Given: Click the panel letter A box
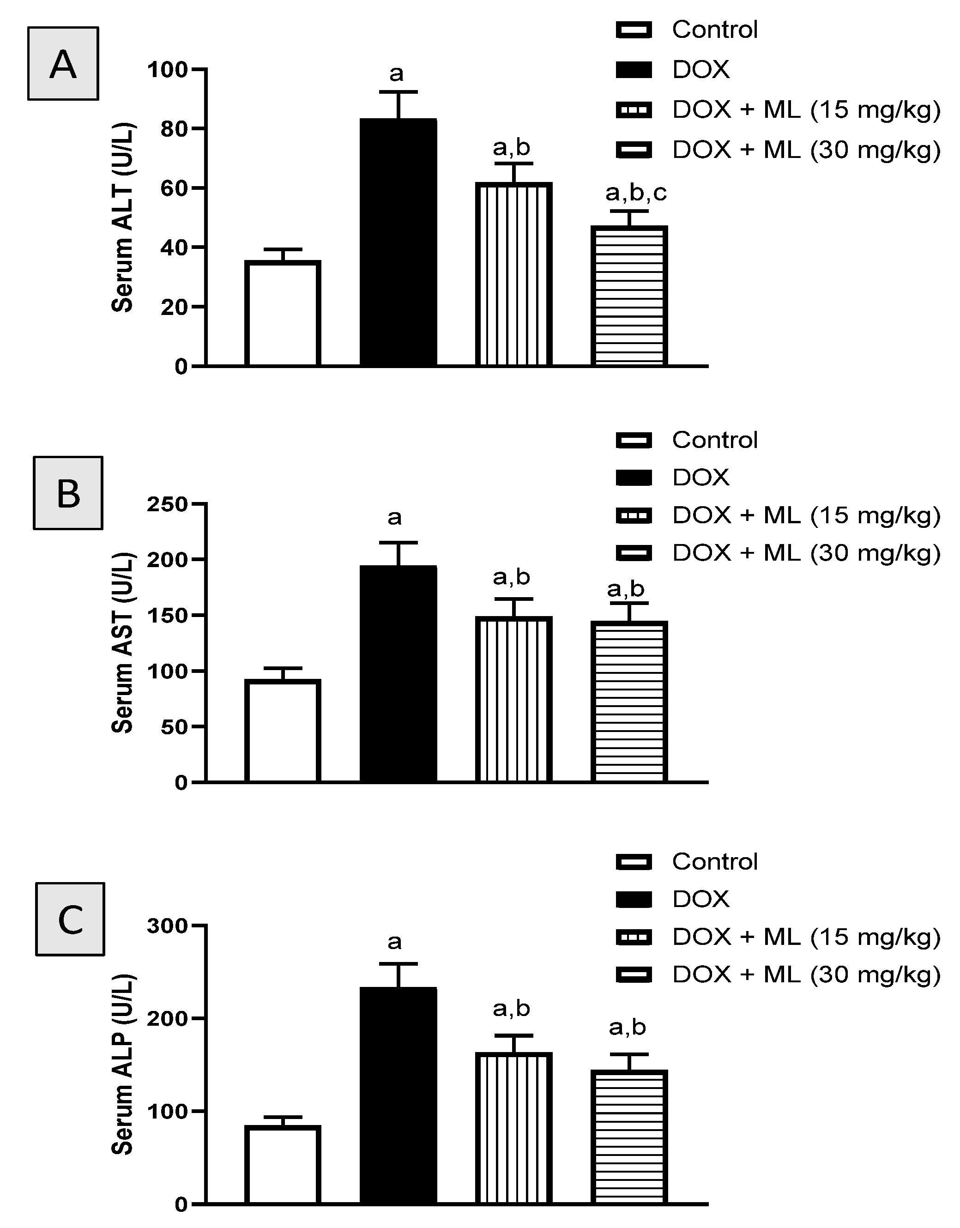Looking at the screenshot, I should tap(63, 64).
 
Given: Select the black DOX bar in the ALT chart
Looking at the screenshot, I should tap(398, 243).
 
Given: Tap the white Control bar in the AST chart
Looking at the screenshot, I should tap(283, 731).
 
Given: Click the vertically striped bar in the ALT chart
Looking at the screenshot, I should tap(513, 274).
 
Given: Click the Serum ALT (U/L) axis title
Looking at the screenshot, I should tap(122, 217).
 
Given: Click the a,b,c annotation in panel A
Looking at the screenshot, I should tap(636, 194).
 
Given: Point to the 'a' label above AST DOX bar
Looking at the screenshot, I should tap(394, 517).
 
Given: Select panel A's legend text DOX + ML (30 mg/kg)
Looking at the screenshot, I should tap(806, 150).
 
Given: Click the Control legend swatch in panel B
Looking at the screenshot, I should tap(634, 440).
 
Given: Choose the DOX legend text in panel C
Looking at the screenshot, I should tap(700, 899).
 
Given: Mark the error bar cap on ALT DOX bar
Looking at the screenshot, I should tap(398, 91).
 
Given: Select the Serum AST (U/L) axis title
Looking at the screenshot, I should tap(122, 643).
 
